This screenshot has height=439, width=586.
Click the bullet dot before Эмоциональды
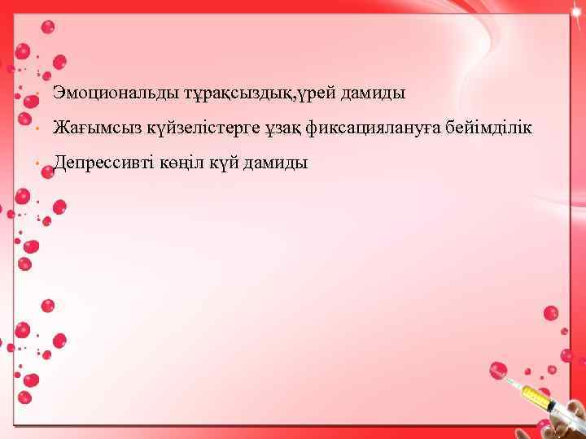point(38,94)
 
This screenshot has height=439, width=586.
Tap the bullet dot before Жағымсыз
point(38,129)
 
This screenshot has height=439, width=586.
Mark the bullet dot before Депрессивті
point(38,164)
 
